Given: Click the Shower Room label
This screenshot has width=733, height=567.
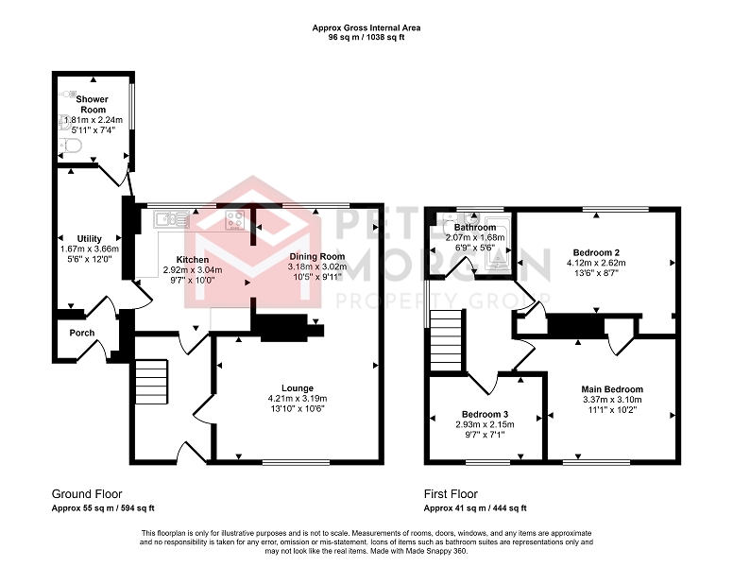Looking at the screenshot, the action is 93,104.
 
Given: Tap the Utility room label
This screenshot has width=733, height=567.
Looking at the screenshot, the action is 90,238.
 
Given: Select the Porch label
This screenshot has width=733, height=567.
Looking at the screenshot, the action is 82,333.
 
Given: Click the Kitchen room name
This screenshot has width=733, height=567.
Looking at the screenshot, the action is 193,260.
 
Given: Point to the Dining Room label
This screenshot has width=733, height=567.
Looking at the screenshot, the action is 317,256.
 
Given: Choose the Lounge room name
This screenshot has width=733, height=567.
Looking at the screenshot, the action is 298,388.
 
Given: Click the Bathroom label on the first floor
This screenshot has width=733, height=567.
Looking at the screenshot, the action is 475,228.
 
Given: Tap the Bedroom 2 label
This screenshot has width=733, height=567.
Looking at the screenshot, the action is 596,252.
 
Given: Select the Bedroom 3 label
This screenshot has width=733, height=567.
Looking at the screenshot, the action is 485,414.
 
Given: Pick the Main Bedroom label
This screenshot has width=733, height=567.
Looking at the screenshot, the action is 612,389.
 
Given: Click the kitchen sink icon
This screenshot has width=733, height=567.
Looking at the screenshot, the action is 171,219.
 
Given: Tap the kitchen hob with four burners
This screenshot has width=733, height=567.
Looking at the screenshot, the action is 234,220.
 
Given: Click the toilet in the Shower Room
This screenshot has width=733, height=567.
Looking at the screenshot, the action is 69,146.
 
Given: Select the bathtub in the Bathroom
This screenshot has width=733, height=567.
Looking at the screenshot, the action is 497,242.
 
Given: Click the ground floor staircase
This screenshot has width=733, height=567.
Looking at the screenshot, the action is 151,382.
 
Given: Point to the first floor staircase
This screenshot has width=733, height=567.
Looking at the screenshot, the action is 446,340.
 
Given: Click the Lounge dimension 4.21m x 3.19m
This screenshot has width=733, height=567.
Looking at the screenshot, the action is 298,399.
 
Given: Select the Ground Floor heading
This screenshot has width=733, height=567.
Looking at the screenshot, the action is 87,494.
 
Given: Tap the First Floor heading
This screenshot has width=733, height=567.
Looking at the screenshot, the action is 451,494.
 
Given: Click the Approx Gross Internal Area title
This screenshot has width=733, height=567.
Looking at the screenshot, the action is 366,28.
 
